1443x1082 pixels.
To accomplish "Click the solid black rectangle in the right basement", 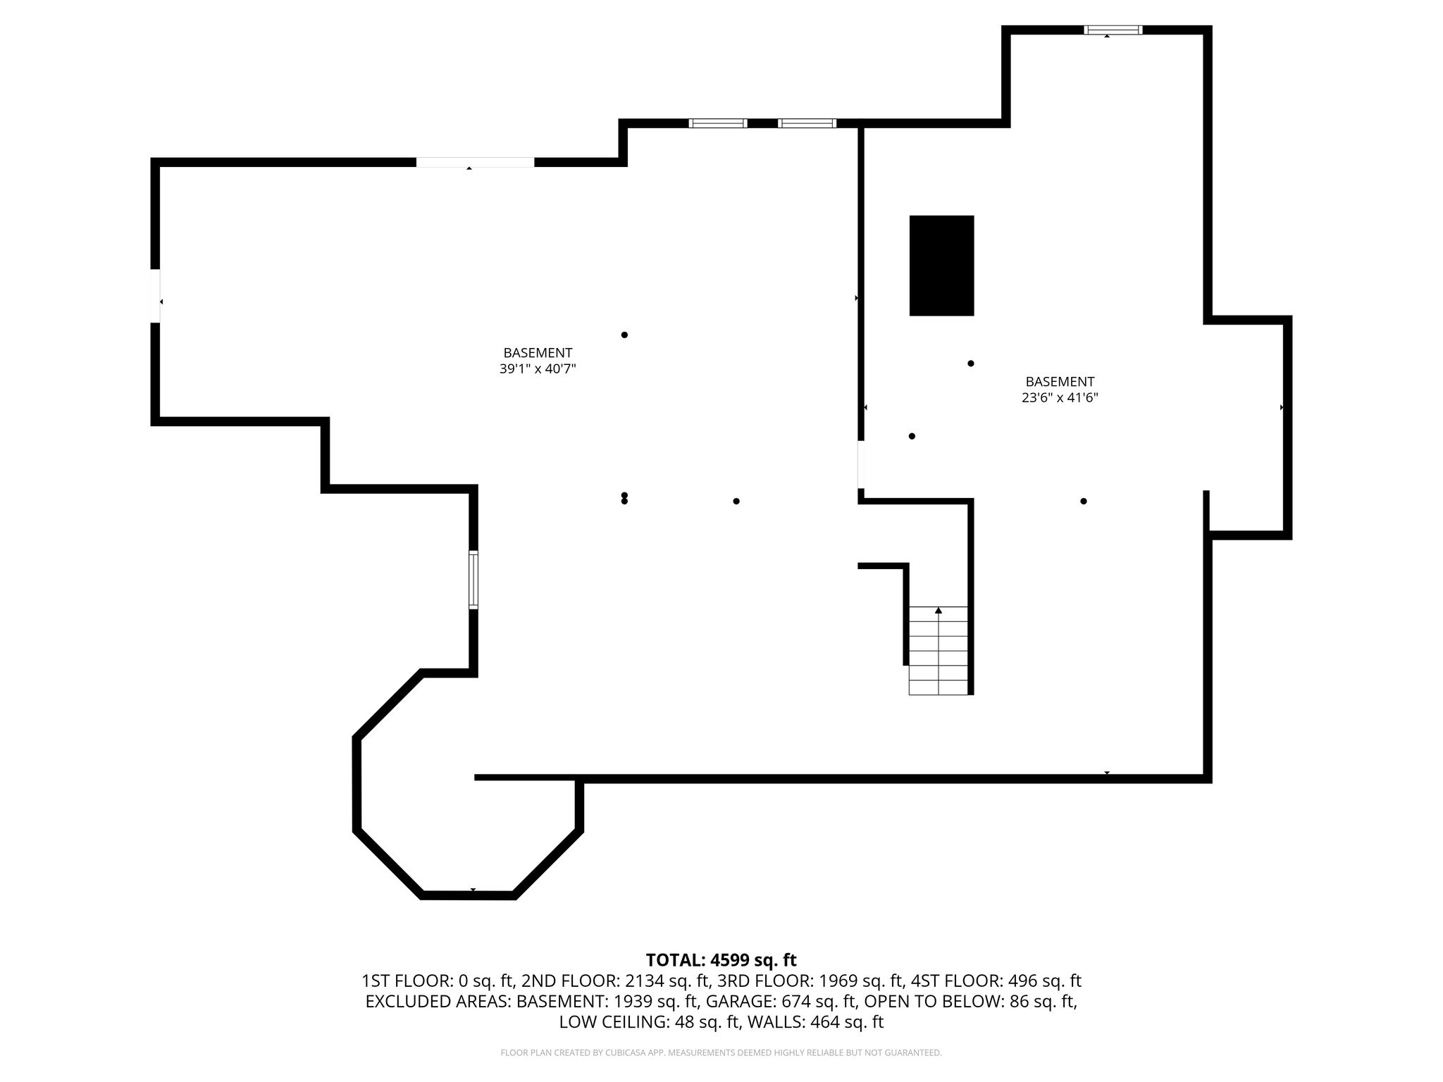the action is coord(941,266).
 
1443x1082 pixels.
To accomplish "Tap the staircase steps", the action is coord(938,651).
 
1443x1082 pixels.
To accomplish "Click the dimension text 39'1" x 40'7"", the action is coord(538,368).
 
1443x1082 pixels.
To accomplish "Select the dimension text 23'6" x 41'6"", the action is coord(1060,397).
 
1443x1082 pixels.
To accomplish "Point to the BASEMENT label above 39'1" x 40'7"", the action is coord(538,353).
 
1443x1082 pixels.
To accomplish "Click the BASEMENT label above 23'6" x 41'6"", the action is coord(1060,382).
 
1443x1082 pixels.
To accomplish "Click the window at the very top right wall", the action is coord(1113,30).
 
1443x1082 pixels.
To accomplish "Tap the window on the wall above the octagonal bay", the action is coord(473,580).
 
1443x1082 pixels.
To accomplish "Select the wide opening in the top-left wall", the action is coord(475,162).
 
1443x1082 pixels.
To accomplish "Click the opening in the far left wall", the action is coord(155,296).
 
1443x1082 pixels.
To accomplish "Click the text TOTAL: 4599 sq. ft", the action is coord(721,959).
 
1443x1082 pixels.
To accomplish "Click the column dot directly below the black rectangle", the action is coord(971,363).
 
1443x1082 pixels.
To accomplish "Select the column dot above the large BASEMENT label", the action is coord(624,335).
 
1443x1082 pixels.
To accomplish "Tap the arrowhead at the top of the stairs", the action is coord(939,610).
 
